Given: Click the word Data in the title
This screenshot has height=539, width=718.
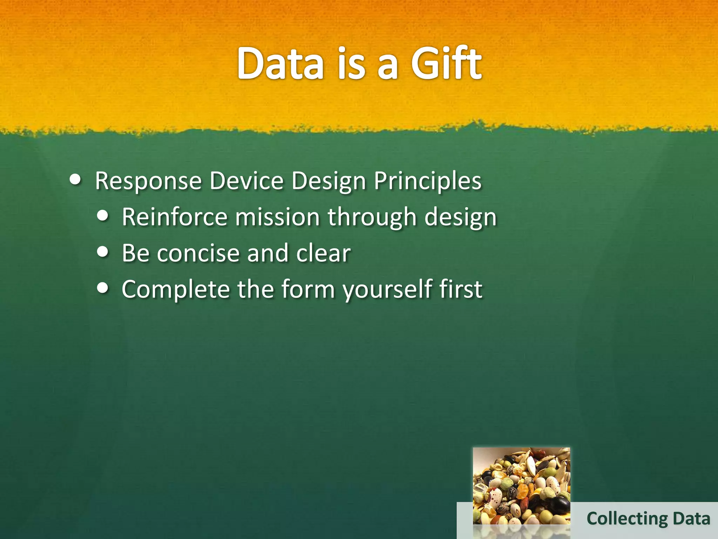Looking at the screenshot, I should click(x=280, y=64).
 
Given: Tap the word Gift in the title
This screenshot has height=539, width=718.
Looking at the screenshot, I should click(x=446, y=63).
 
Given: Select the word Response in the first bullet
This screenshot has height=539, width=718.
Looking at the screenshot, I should click(x=148, y=181).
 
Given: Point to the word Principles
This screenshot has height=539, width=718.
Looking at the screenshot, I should click(x=427, y=181).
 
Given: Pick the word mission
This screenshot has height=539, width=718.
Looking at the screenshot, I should click(x=277, y=217).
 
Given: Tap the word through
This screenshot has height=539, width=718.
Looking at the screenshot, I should click(x=372, y=218).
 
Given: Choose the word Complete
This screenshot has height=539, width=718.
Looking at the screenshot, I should click(x=175, y=290).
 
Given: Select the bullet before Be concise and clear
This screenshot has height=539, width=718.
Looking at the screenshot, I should click(x=102, y=252).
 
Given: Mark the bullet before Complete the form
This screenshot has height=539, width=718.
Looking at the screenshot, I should click(x=102, y=288).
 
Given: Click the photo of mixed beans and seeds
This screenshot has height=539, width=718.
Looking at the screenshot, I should click(x=521, y=486).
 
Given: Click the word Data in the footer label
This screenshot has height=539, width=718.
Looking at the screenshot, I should click(x=691, y=519).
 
